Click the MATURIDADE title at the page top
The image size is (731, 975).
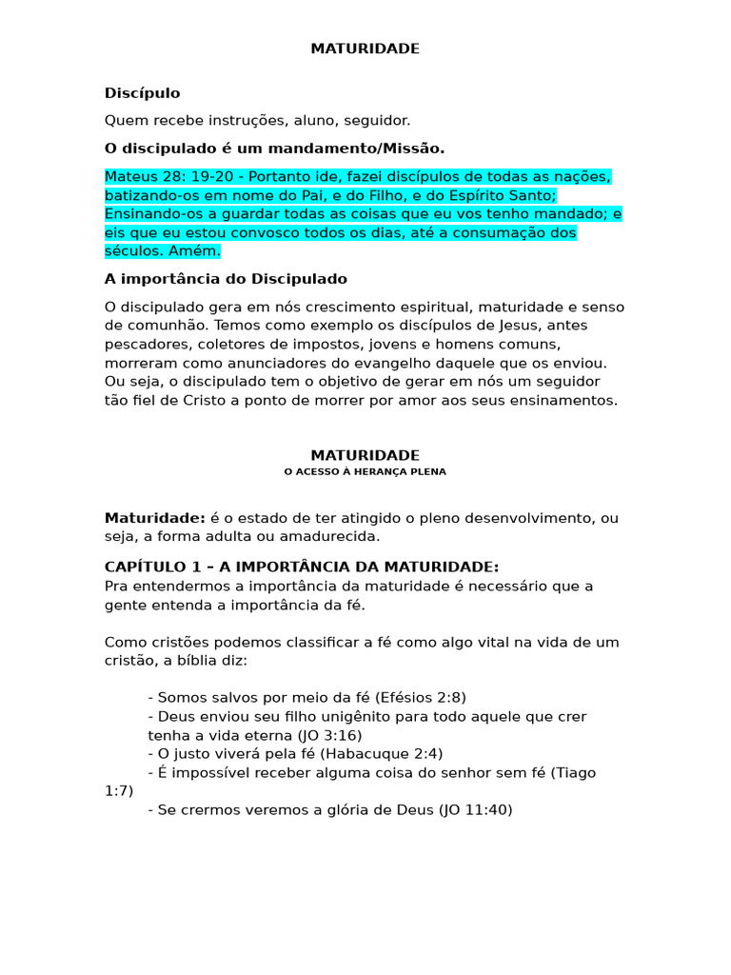(x=365, y=49)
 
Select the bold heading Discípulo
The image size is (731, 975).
(x=142, y=93)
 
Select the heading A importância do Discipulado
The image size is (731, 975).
(x=226, y=279)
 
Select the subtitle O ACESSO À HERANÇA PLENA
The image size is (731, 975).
(x=365, y=472)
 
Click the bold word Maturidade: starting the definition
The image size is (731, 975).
(x=155, y=518)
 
